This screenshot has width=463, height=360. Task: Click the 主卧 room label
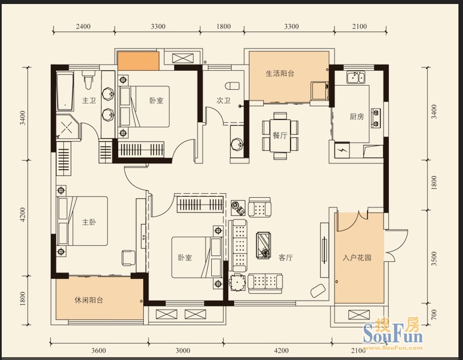tap(89, 222)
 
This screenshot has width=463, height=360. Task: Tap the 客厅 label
tap(285, 258)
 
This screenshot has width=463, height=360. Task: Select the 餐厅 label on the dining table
tap(280, 135)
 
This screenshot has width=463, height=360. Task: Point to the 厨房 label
tap(357, 117)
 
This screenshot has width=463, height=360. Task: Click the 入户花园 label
tap(357, 258)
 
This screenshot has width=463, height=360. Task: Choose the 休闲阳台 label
tap(88, 301)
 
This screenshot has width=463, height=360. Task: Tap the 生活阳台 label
tap(280, 73)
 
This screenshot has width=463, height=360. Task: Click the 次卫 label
tap(223, 101)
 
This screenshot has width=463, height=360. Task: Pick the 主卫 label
tap(89, 101)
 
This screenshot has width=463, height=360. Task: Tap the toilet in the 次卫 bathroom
tap(232, 86)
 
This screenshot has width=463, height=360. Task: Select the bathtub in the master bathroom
tap(65, 91)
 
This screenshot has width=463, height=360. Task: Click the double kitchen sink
tap(356, 78)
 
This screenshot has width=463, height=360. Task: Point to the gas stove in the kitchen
tap(376, 118)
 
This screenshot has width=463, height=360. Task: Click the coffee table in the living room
tap(263, 245)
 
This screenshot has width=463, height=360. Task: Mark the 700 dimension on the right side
tap(433, 315)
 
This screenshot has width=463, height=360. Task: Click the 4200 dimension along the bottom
tap(281, 351)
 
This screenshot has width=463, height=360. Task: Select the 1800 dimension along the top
tap(224, 27)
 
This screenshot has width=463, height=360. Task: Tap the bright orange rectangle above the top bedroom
tap(138, 61)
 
